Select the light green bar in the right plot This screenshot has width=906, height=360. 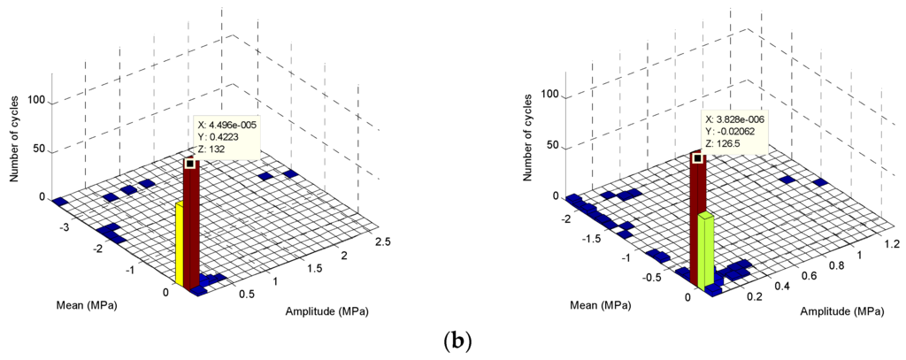[x=705, y=251]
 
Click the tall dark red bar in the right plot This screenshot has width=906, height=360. [x=697, y=212]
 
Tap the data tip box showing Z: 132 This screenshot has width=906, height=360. [x=226, y=137]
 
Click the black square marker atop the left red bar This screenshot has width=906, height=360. [x=189, y=163]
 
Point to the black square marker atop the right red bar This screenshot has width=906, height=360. [x=697, y=158]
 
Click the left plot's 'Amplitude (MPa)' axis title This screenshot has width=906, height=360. [x=326, y=311]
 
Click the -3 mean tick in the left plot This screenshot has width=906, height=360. [x=65, y=227]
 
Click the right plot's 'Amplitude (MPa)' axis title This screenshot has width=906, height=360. [x=841, y=311]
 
